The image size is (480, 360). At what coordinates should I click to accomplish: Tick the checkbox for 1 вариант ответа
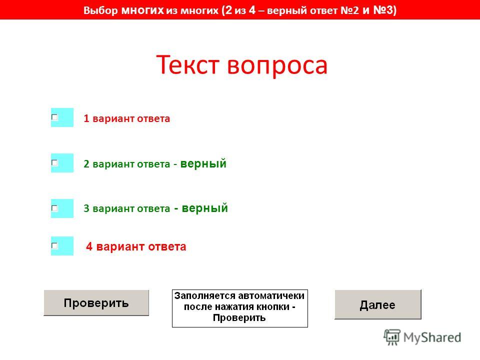(55, 117)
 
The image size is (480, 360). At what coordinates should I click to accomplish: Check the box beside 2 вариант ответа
(55, 163)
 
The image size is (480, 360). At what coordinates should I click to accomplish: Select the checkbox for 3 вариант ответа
(55, 208)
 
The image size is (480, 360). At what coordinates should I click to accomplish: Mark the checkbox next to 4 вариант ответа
(55, 246)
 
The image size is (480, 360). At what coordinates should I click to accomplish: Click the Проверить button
(96, 303)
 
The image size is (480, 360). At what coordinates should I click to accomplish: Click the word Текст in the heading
(188, 64)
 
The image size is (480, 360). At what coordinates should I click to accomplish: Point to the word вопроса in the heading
(277, 66)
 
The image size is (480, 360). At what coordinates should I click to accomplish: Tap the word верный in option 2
(203, 163)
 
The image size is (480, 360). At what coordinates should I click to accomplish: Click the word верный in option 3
(205, 208)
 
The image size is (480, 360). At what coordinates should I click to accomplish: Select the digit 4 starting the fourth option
(89, 246)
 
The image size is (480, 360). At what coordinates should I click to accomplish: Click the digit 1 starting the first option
(86, 118)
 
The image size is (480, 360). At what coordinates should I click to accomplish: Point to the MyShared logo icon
(392, 337)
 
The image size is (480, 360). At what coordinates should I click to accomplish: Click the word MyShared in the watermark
(432, 337)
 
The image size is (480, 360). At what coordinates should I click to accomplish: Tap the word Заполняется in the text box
(205, 296)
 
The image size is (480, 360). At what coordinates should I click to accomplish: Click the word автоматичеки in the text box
(271, 296)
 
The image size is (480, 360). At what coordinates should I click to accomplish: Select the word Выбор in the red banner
(100, 10)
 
